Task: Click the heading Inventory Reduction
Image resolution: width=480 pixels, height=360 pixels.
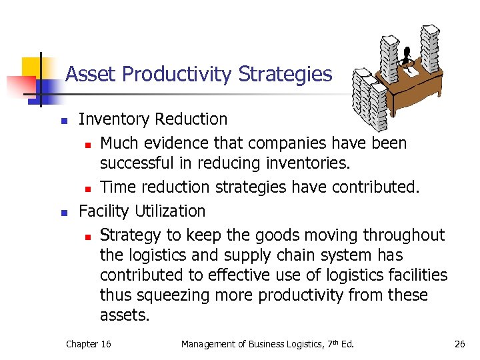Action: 153,119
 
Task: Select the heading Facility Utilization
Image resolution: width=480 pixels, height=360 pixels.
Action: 142,211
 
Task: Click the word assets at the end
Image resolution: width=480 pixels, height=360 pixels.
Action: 125,315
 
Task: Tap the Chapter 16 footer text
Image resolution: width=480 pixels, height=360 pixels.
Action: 88,344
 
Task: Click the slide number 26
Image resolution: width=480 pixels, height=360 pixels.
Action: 459,344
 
